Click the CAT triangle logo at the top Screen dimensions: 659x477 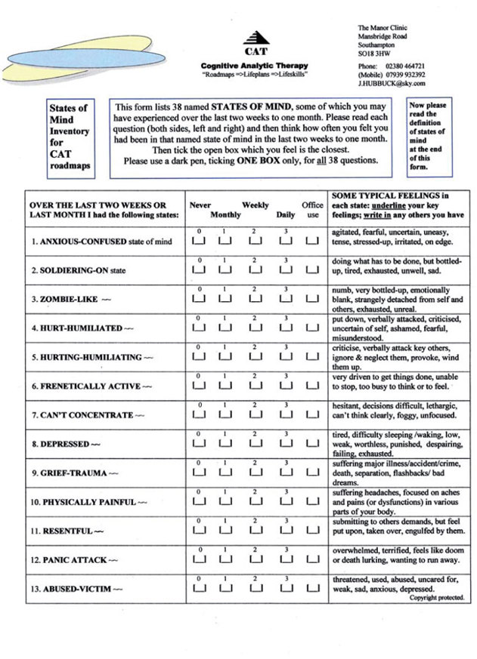(259, 38)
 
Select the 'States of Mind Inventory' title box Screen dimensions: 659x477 (70, 137)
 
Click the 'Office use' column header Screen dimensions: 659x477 (313, 210)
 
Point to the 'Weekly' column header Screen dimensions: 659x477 (256, 205)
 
